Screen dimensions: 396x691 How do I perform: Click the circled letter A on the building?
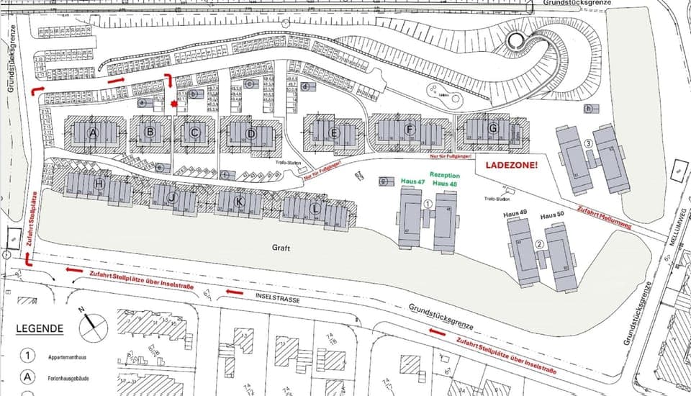(92, 133)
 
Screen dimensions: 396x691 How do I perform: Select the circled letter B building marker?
(150, 132)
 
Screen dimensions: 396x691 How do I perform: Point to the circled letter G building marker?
(493, 129)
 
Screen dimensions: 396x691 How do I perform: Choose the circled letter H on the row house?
(99, 184)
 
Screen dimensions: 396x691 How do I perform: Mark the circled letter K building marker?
(239, 202)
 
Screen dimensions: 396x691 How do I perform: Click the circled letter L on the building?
(315, 209)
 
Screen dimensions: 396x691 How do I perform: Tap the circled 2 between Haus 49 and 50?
(539, 243)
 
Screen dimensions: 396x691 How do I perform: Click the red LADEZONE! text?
(512, 165)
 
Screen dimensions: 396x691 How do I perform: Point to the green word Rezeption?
(444, 175)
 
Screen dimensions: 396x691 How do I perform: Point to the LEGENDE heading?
(40, 328)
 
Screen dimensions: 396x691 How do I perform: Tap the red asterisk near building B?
(174, 104)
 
